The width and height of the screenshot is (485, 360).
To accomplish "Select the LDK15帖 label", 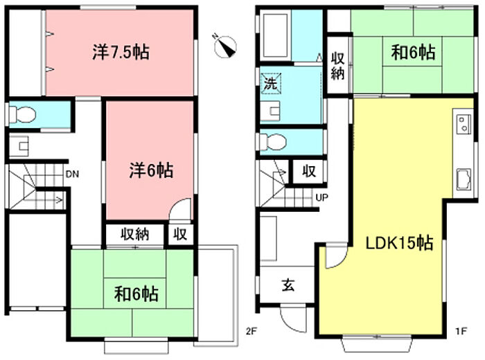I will (400, 244).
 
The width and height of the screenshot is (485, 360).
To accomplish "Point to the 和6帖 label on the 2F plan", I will (136, 294).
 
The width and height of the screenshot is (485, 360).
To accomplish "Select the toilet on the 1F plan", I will (273, 142).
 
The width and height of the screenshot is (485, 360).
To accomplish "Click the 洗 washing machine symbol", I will (269, 84).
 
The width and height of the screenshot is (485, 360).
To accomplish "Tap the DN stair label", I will (72, 174).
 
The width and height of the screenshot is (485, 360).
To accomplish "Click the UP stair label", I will (321, 198).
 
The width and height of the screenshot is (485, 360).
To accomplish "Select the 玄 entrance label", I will (287, 285).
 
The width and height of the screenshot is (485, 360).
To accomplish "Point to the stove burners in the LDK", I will (462, 125).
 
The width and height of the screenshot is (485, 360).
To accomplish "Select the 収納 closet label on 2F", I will (136, 234).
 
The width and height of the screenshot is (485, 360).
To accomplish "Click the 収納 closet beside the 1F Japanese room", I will (337, 66).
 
